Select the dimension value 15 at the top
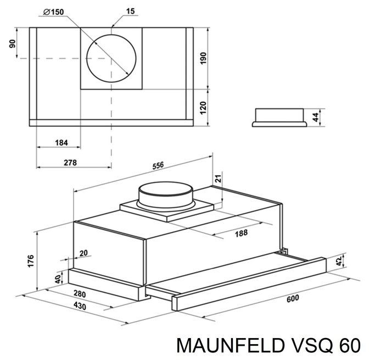click(131, 12)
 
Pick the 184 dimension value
click(61, 143)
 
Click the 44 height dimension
click(315, 116)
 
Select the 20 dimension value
click(83, 253)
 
